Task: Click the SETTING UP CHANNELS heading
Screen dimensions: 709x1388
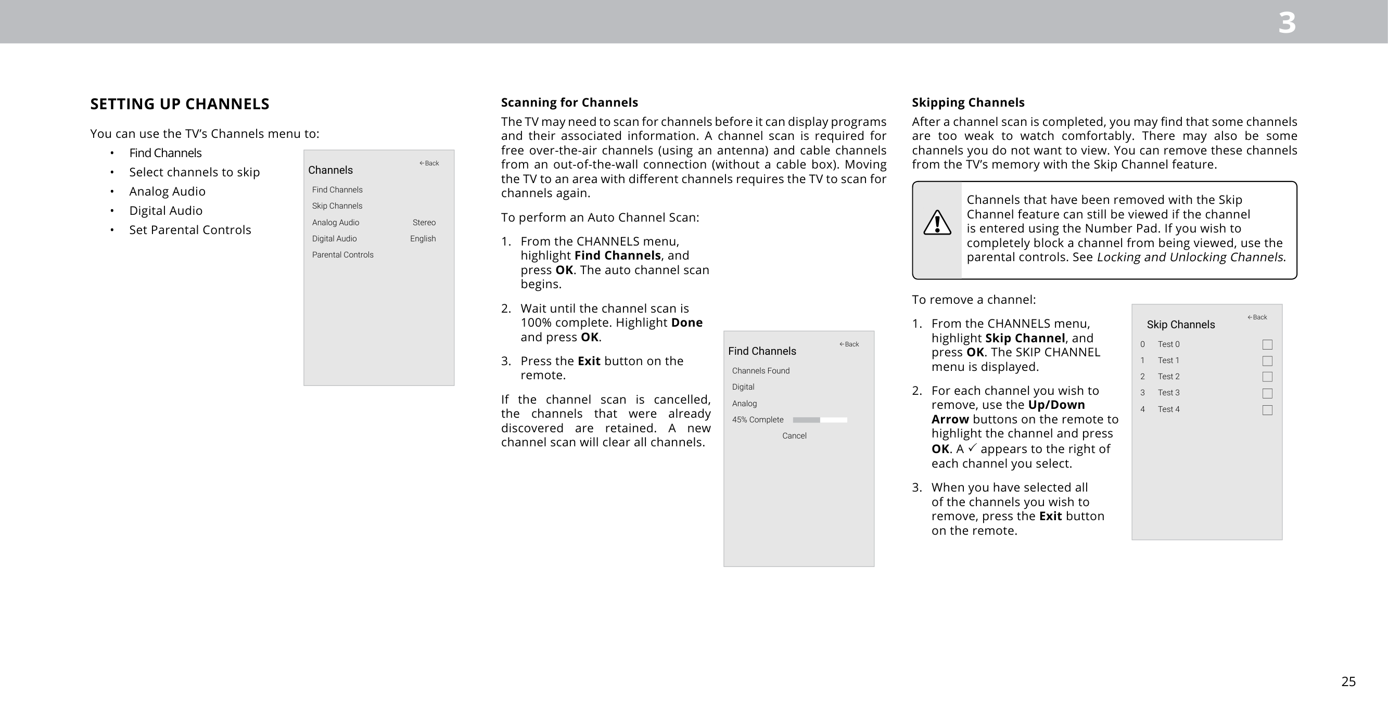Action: click(180, 104)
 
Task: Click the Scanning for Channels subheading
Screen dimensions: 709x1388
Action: click(569, 102)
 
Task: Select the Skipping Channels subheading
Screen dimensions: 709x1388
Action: click(967, 102)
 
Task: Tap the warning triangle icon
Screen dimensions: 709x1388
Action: click(937, 223)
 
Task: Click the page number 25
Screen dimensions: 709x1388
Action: click(1348, 681)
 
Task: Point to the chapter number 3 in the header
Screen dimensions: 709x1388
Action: click(1287, 23)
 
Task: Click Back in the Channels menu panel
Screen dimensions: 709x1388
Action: click(429, 163)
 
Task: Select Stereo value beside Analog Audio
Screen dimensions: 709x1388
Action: click(424, 223)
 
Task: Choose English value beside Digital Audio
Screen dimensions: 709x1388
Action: click(423, 239)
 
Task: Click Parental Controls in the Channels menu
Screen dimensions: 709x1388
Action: click(342, 255)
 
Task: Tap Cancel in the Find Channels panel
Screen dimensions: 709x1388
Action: click(794, 436)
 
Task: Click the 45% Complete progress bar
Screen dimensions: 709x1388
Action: click(820, 420)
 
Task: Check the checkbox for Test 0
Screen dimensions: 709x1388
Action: click(1267, 344)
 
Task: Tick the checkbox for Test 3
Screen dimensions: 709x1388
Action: click(1267, 393)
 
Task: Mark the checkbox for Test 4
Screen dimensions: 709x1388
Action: click(1267, 410)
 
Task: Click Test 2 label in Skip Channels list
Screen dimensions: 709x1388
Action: click(1168, 377)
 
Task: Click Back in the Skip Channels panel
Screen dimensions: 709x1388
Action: click(1257, 317)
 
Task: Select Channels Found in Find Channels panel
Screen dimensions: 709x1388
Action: click(760, 371)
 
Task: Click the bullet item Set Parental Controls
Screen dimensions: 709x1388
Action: click(189, 230)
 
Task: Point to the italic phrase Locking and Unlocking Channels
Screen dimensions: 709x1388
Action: click(1190, 257)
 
